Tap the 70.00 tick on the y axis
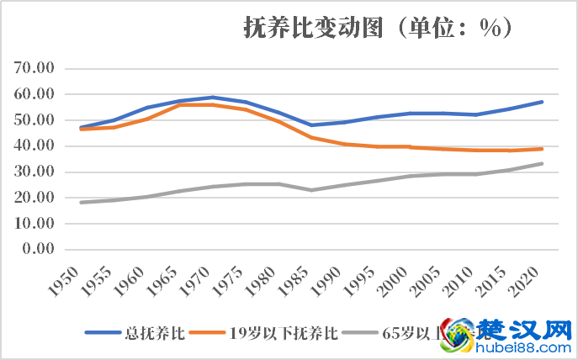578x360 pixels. click(x=34, y=68)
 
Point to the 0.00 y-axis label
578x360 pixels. click(x=39, y=250)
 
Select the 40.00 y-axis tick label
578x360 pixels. click(x=34, y=146)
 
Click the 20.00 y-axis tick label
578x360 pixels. click(x=34, y=199)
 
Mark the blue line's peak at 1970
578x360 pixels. click(x=213, y=98)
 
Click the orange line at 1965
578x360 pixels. click(x=180, y=104)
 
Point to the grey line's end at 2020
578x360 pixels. click(x=541, y=164)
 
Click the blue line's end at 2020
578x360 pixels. click(x=541, y=102)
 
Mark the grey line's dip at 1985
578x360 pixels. click(x=311, y=190)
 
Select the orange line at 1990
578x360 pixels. click(x=344, y=144)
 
